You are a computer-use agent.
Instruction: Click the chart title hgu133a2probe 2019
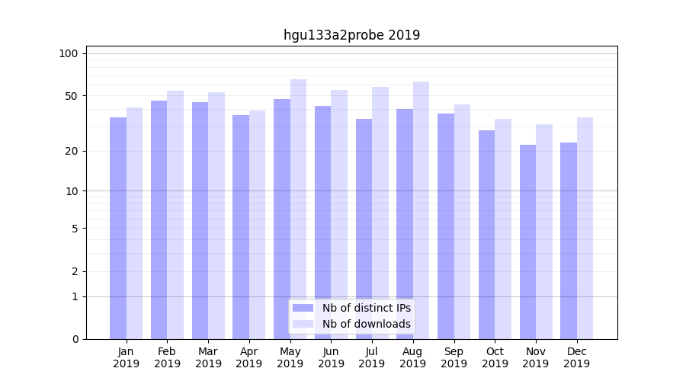point(351,35)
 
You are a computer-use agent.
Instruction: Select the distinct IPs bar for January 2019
point(118,229)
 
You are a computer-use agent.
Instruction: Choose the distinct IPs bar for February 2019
point(159,220)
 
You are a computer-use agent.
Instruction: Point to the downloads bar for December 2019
point(585,229)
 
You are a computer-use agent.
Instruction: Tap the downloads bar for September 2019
point(462,222)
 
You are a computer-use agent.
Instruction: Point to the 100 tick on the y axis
point(69,53)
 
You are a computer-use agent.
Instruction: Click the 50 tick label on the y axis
point(71,96)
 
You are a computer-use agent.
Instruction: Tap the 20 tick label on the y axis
point(71,151)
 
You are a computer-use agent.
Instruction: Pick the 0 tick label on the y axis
point(75,339)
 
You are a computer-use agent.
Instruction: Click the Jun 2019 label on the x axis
point(331,357)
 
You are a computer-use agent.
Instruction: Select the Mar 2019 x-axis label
point(208,357)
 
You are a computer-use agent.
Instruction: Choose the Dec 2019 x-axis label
point(576,357)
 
